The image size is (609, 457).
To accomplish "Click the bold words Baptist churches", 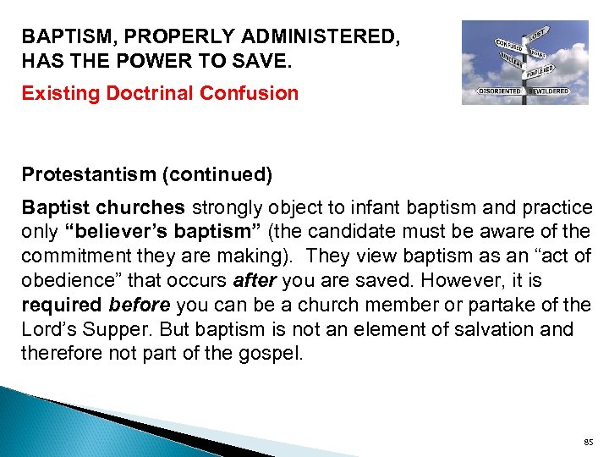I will pos(102,207).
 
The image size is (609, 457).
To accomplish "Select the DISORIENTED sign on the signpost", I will pos(499,91).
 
